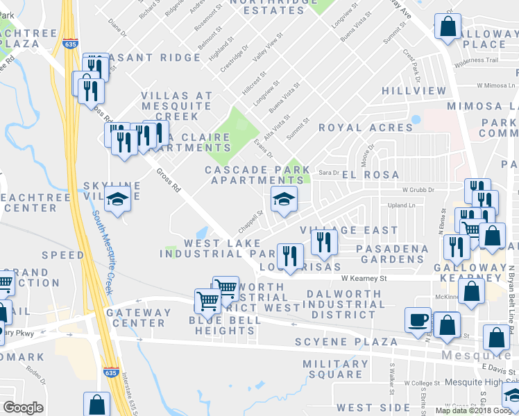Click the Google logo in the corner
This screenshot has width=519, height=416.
[23, 408]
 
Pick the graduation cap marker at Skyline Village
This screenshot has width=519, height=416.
[118, 200]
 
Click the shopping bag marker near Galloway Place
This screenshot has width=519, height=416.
[448, 28]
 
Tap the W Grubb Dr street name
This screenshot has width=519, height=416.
[418, 189]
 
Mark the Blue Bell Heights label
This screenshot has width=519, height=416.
[225, 325]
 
